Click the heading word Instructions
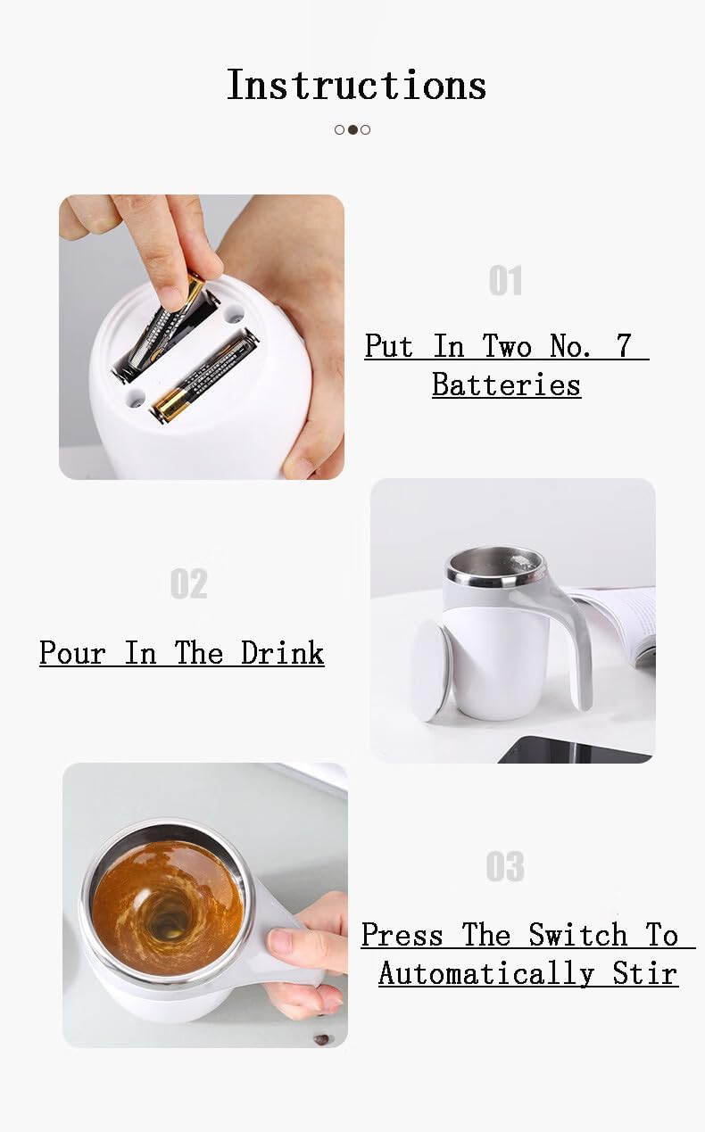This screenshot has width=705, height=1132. (356, 85)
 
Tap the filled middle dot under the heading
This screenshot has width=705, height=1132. (352, 129)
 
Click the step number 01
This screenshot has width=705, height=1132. (505, 281)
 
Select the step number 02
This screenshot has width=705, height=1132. (188, 584)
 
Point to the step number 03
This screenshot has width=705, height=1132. (505, 866)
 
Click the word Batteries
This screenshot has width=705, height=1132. (506, 384)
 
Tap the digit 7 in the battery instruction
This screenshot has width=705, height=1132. (624, 346)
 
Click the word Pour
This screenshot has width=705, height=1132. (73, 652)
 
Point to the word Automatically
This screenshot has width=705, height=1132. (485, 972)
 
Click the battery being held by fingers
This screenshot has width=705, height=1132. (165, 330)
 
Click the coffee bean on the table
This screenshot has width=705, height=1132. (320, 1039)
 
